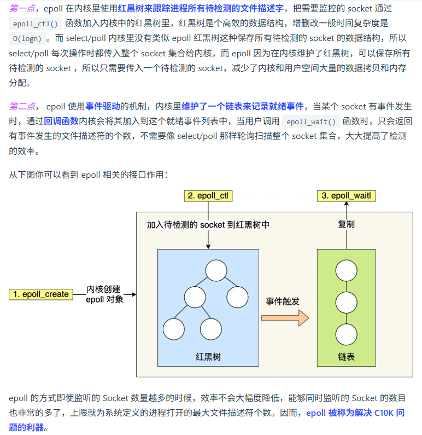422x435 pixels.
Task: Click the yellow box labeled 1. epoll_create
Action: pos(41,294)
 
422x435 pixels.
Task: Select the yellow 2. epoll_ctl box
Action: pos(208,196)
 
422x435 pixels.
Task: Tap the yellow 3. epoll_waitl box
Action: pos(347,196)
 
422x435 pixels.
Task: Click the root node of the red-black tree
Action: pos(216,271)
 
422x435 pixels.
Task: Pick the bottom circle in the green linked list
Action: pos(347,333)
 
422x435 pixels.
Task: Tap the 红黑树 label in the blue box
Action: pos(208,357)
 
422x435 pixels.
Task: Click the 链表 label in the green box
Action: pos(347,357)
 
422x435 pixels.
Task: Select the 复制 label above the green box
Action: pos(347,224)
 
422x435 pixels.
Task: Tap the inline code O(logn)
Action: pos(29,39)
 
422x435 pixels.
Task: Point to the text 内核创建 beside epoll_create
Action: pos(104,289)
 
